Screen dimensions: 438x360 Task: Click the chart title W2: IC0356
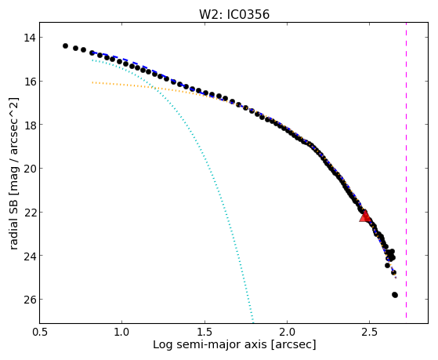click(234, 14)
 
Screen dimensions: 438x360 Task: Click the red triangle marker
click(365, 216)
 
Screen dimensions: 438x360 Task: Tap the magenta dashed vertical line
click(406, 170)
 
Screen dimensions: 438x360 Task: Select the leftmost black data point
click(65, 45)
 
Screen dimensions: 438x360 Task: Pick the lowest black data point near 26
click(395, 295)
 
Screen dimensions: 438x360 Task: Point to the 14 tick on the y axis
click(29, 38)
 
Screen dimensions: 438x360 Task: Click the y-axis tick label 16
click(29, 82)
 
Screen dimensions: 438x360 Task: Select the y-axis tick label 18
click(29, 125)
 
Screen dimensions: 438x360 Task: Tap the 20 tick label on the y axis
click(29, 169)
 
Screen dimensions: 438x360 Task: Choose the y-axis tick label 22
click(29, 213)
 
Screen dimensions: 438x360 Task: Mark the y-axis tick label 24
click(29, 256)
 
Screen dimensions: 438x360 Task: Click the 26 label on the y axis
click(29, 300)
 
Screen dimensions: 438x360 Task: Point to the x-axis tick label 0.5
click(39, 332)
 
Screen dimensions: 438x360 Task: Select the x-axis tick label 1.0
click(121, 332)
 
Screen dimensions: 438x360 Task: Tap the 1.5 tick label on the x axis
click(205, 332)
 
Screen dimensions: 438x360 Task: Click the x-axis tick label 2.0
click(287, 332)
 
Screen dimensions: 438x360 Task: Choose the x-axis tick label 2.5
click(370, 332)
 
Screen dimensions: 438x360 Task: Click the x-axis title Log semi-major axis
click(210, 345)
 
